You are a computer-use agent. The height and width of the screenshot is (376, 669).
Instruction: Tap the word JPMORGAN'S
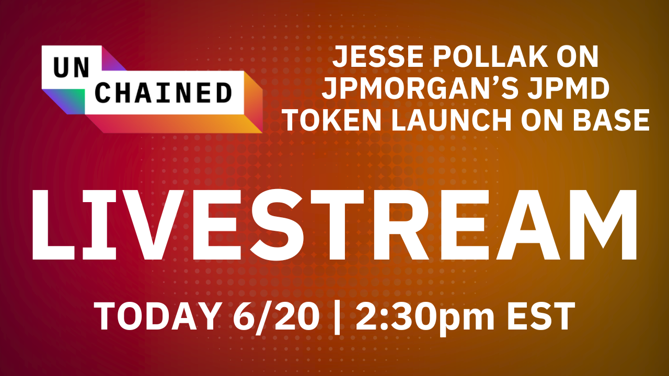(x=419, y=88)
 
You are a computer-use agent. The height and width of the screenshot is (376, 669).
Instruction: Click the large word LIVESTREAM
(x=334, y=225)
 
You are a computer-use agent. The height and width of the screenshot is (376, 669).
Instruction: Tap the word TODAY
(x=156, y=316)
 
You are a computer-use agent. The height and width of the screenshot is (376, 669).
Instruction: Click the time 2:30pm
(x=424, y=318)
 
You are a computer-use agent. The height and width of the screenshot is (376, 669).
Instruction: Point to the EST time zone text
(x=540, y=316)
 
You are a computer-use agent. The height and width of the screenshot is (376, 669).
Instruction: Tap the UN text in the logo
(x=72, y=67)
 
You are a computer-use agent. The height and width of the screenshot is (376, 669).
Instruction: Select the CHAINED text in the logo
(x=164, y=92)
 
